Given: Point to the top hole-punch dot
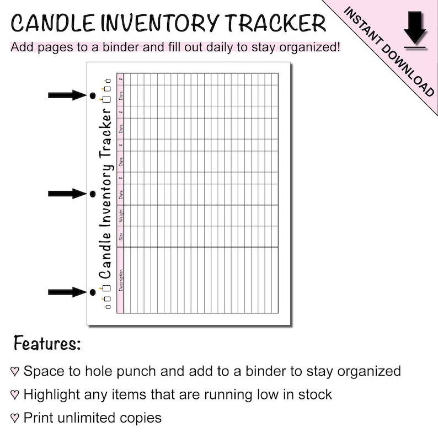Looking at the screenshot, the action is click(x=93, y=96).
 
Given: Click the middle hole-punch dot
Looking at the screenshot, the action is click(x=93, y=194).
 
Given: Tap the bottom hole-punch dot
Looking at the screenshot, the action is click(x=93, y=292).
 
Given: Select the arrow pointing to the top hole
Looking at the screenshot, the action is click(x=66, y=95).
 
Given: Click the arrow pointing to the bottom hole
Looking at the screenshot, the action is click(x=66, y=292).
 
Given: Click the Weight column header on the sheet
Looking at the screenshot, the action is click(x=120, y=216).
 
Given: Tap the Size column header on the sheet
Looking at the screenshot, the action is click(x=120, y=237).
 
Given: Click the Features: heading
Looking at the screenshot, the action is click(x=47, y=343).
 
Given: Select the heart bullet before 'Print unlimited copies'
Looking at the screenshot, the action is click(x=15, y=418).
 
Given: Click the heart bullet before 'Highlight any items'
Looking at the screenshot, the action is click(x=15, y=395).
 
